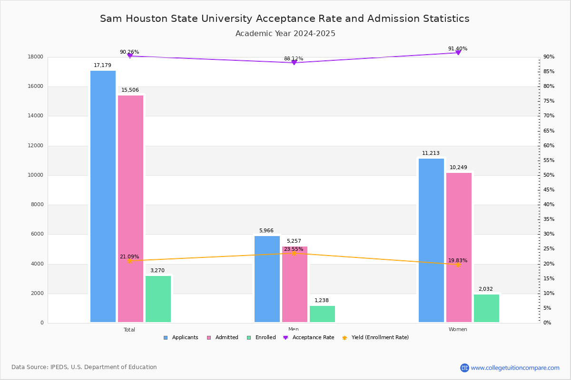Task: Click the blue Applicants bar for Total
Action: tap(103, 197)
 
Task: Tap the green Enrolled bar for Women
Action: tap(486, 308)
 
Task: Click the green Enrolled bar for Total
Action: tap(158, 299)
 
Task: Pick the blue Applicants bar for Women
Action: tap(431, 240)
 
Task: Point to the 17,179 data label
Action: tap(102, 66)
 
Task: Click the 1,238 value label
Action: tap(321, 301)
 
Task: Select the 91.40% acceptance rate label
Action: tap(457, 49)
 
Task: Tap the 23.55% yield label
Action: tap(293, 249)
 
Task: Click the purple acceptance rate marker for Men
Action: tap(294, 63)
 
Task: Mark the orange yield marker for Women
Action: tap(458, 265)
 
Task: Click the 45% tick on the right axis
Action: tap(549, 190)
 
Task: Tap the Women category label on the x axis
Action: tap(457, 330)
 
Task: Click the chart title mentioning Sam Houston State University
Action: tap(285, 19)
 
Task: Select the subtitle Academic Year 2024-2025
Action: tap(285, 34)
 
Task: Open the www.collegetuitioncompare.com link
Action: tap(515, 368)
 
